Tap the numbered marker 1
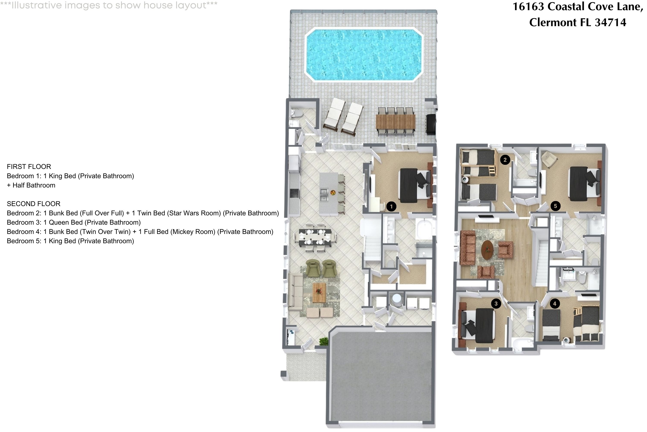[x=391, y=206]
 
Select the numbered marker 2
[x=505, y=160]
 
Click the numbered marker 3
[x=496, y=304]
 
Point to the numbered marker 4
[x=554, y=304]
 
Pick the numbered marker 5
[x=555, y=206]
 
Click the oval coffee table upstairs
[x=487, y=250]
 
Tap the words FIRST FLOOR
[x=29, y=167]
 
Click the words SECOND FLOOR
[x=34, y=204]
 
